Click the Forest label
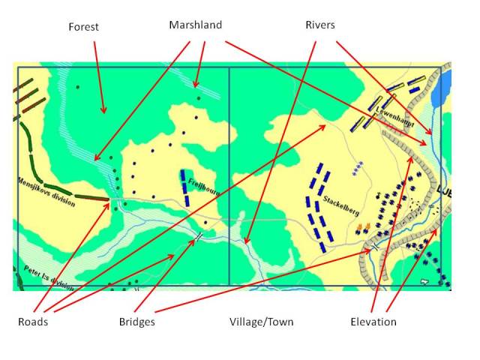click(83, 27)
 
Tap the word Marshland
click(195, 25)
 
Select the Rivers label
click(319, 25)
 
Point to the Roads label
click(33, 322)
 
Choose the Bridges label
click(137, 322)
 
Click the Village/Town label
click(262, 322)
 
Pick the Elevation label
click(373, 322)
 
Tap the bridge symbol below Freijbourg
click(199, 235)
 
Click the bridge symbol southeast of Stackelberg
click(373, 246)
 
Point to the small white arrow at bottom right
click(424, 281)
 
